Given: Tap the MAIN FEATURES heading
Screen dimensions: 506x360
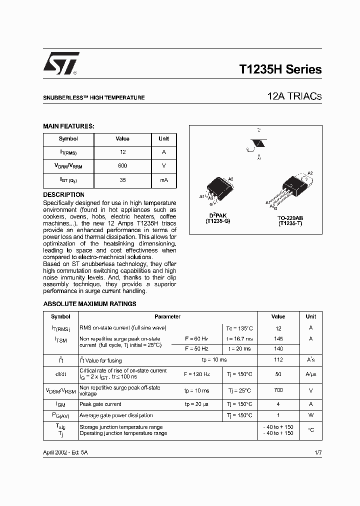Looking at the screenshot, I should point(68,126).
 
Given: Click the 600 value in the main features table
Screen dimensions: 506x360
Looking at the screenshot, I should point(122,165).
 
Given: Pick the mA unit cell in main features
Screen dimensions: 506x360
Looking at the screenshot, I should point(164,179).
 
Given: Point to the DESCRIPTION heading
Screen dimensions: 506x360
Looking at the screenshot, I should point(63,194).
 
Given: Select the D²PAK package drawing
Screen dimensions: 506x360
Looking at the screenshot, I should point(218,191).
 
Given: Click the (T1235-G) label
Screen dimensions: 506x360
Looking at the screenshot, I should point(218,220).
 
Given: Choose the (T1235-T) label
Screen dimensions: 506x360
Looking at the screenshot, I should point(290,223).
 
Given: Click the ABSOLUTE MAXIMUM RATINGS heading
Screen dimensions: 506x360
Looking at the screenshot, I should point(89,303).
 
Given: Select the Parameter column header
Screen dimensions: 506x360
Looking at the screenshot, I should point(167,316).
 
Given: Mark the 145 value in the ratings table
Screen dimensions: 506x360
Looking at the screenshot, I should point(278,338).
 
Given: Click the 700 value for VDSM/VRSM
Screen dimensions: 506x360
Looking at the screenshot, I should point(278,390).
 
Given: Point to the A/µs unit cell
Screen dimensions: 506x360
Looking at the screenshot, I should point(311,374).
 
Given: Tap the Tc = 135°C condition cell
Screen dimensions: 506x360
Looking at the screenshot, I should point(239,328).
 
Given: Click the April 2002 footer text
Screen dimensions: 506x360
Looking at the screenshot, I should point(65,452).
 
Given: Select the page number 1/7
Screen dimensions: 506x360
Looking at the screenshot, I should point(318,452).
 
